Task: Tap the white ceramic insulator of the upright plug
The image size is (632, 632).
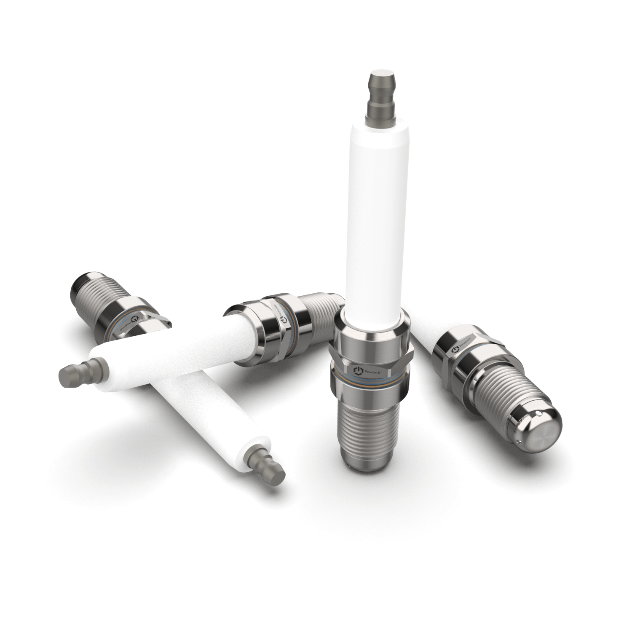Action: point(373,211)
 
